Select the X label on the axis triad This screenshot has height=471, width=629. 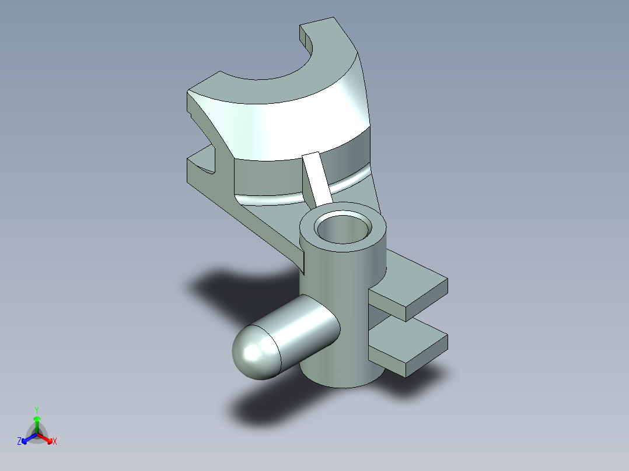55,441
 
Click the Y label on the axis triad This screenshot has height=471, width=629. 36,409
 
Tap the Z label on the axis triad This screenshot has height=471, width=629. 19,441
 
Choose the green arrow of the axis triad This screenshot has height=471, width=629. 37,423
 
